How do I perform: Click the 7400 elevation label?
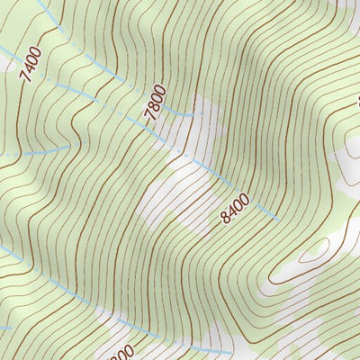tap(30, 67)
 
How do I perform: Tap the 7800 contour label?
tap(154, 102)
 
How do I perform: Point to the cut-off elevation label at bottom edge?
tap(122, 352)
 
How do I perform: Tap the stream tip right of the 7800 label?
tap(192, 115)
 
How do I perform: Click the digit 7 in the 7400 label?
tap(24, 79)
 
